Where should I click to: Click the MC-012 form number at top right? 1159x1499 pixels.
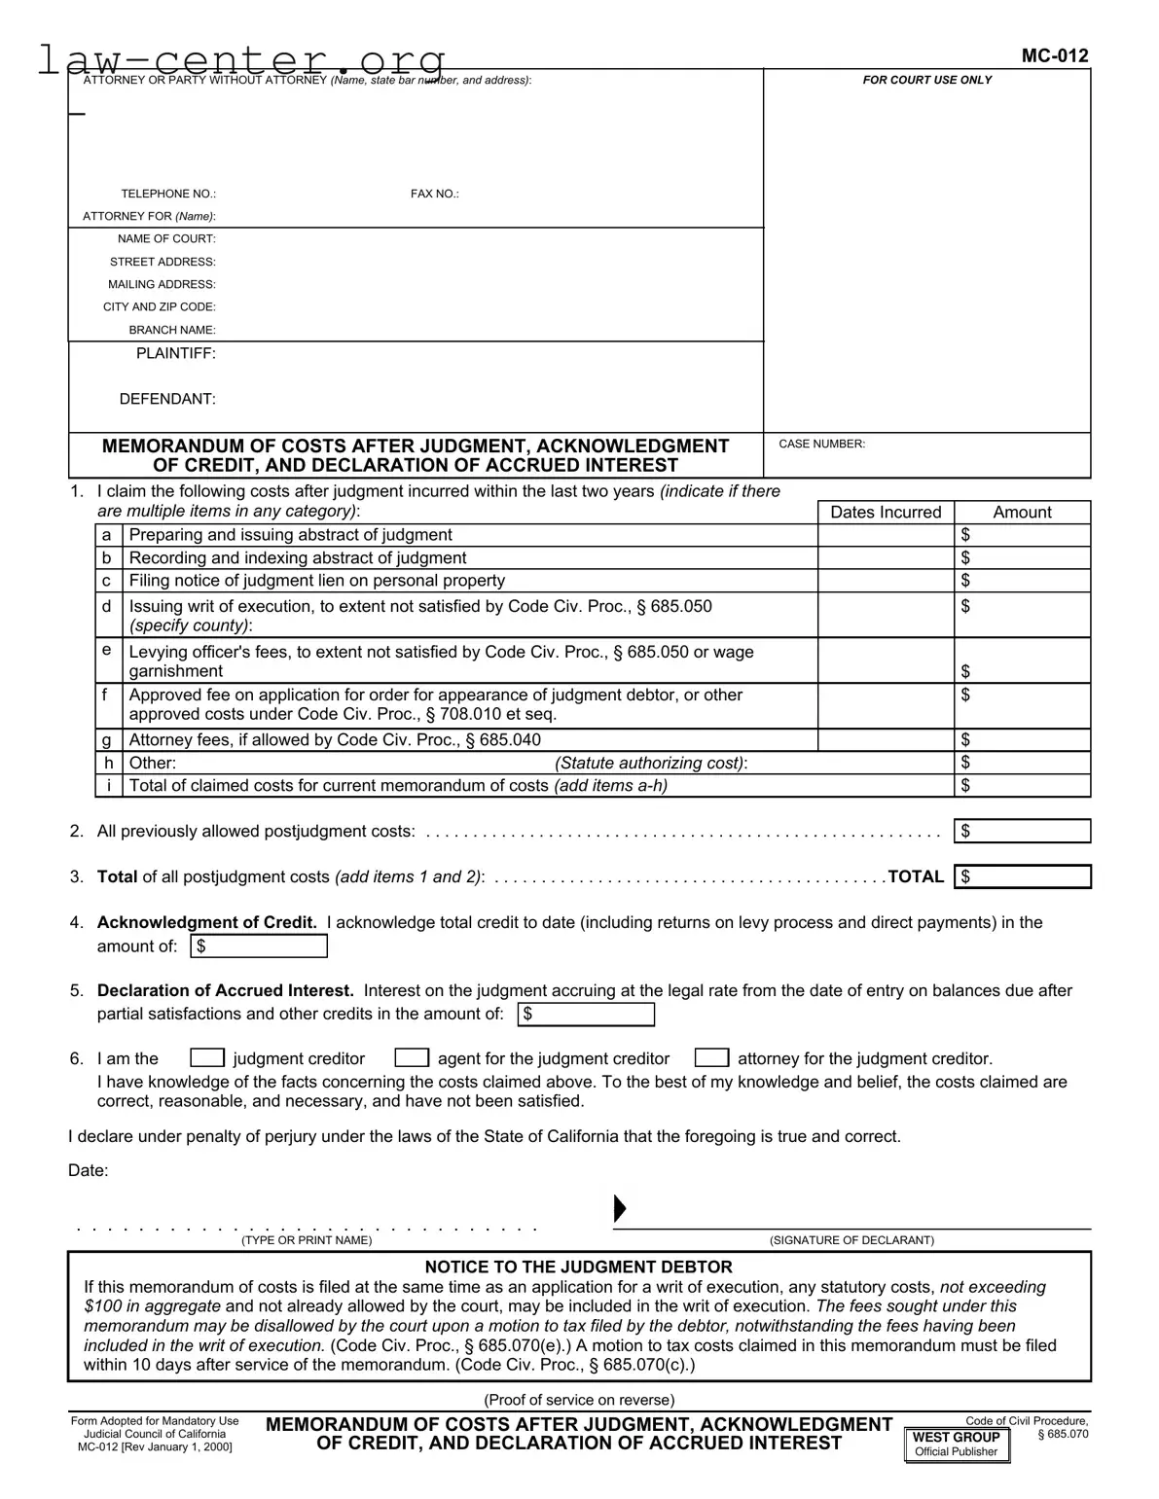coord(1054,55)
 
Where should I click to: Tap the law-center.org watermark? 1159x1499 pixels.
coord(241,60)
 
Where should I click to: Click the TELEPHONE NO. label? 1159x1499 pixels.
coord(168,194)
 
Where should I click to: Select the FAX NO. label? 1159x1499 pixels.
coord(434,194)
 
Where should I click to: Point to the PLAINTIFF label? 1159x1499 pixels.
coord(175,353)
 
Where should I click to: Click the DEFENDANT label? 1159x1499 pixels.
coord(167,399)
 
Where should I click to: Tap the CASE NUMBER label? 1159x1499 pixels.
coord(821,444)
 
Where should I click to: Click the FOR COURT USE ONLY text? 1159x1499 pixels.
coord(926,80)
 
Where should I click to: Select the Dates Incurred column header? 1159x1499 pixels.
coord(886,512)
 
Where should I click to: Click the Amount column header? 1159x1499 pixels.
coord(1022,512)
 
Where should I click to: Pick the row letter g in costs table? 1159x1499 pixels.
coord(106,740)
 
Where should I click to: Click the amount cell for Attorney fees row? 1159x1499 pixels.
coord(1022,740)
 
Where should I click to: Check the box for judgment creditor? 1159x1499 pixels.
coord(207,1058)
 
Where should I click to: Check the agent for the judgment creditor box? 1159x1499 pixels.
coord(412,1058)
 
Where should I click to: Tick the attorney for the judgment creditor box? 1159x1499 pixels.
coord(712,1058)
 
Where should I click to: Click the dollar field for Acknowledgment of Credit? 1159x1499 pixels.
coord(259,946)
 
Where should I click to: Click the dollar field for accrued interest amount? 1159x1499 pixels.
coord(586,1015)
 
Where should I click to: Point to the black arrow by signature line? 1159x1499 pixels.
coord(619,1209)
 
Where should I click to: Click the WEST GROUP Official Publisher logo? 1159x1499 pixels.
coord(957,1444)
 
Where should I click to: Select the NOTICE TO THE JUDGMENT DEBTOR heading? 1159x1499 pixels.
coord(578,1267)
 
